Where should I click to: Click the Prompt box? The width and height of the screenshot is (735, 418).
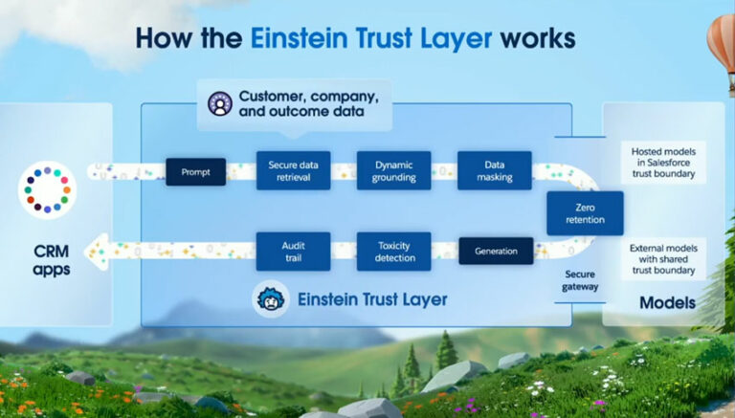tap(195, 172)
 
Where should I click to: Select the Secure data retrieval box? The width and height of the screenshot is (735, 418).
tap(294, 170)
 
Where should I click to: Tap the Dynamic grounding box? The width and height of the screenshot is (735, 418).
tap(393, 170)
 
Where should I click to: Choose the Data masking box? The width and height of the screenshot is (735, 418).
tap(494, 170)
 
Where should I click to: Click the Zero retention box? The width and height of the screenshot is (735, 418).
tap(584, 212)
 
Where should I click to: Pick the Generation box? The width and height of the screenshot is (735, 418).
tap(495, 252)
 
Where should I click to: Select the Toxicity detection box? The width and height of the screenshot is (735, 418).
tap(393, 252)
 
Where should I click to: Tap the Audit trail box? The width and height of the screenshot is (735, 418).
tap(294, 252)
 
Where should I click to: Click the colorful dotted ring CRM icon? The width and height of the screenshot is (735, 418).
tap(46, 189)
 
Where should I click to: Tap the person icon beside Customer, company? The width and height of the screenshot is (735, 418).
tap(220, 103)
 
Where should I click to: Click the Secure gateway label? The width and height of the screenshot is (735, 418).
tap(581, 278)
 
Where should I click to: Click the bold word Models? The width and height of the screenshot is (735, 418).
tap(668, 302)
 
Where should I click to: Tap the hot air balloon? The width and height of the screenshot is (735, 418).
tap(721, 48)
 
